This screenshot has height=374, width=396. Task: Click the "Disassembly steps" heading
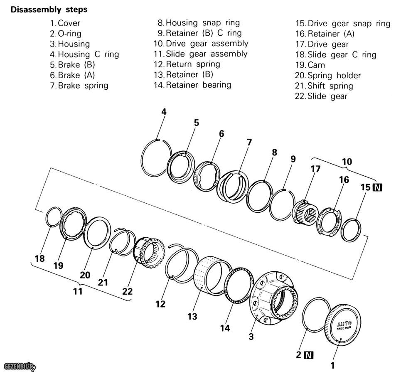pos(49,10)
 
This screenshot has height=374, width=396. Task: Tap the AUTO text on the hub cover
pos(344,324)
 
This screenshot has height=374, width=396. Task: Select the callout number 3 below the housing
pos(251,337)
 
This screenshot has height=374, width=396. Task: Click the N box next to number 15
pos(378,187)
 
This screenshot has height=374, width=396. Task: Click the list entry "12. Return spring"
pos(187,64)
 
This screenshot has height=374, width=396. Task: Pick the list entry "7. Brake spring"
pos(79,86)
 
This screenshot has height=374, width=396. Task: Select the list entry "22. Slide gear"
pos(321,96)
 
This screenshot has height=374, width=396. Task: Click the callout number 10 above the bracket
pos(347,161)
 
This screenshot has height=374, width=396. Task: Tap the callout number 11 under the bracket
pos(78,291)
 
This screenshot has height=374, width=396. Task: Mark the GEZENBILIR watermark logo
pos(19,366)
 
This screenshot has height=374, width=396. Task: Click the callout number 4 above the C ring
pos(164,112)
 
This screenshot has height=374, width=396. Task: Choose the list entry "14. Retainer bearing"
pos(192,85)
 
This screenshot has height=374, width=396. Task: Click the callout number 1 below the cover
pos(332,366)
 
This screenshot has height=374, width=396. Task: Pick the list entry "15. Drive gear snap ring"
pos(343,24)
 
